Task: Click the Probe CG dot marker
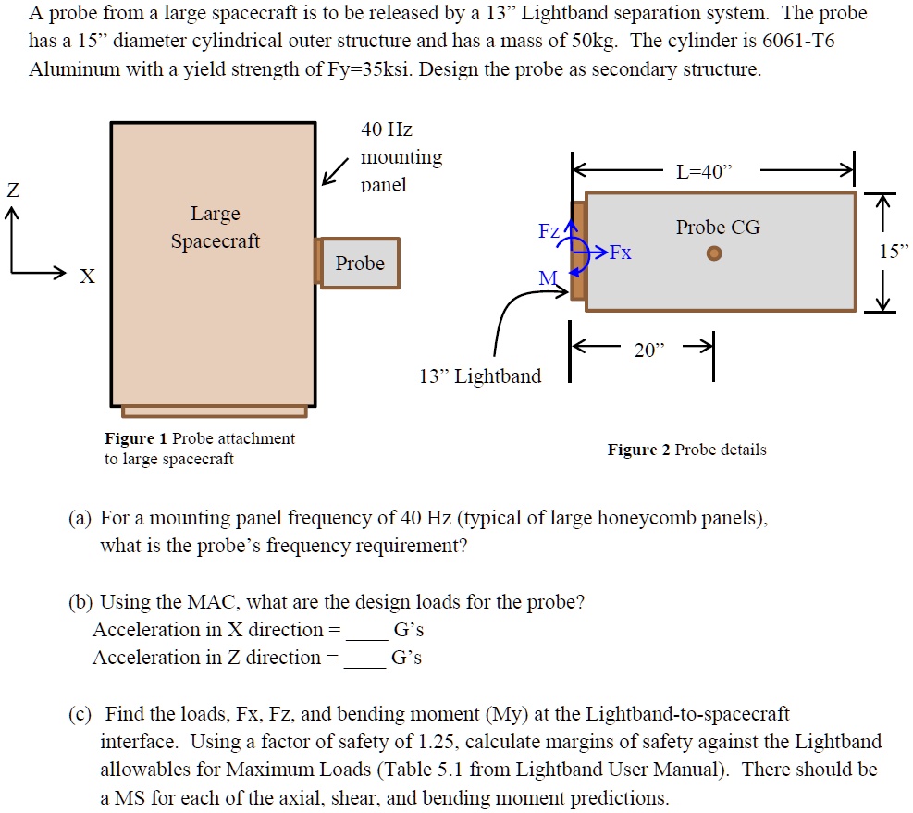[713, 253]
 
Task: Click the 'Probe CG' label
[718, 228]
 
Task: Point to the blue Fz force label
[549, 230]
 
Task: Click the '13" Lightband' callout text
[480, 376]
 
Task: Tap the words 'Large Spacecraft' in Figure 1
[215, 228]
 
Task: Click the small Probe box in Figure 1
[360, 264]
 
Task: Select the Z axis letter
[12, 191]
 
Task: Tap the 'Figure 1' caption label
[136, 438]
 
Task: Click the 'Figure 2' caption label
[638, 450]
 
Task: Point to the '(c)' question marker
[80, 714]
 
